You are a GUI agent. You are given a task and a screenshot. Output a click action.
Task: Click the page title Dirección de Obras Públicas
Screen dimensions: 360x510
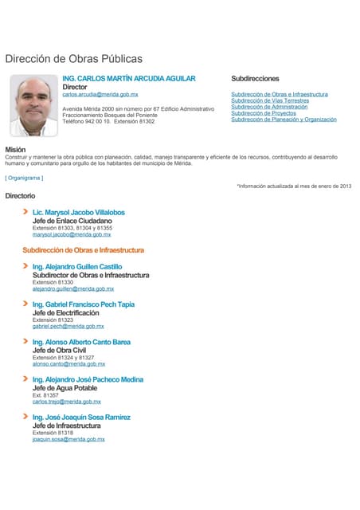[x=73, y=59]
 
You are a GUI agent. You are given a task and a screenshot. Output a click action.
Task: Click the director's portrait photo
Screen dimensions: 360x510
[x=33, y=106]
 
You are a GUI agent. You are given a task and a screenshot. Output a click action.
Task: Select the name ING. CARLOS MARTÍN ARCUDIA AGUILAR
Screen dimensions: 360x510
[x=128, y=79]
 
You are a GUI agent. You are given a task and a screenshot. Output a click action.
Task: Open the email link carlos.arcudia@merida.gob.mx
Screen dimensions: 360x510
[x=100, y=95]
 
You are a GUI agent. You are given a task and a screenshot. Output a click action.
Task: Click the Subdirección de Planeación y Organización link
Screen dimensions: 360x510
[x=284, y=120]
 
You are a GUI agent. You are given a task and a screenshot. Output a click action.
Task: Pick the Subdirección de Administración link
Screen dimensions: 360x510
[x=269, y=107]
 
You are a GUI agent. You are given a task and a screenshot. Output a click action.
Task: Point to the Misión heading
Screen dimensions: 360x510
[x=15, y=150]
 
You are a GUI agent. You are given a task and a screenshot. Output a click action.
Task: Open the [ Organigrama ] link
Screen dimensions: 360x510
[x=25, y=178]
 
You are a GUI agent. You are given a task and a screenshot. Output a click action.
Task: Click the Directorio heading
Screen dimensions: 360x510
[x=20, y=195]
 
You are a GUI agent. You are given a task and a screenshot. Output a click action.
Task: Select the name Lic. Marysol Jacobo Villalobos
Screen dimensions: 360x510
[x=78, y=213]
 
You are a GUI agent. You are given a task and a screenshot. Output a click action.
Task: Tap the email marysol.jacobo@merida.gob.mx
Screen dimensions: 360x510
[x=71, y=235]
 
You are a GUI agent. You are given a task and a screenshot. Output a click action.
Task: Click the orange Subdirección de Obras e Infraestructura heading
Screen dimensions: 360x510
[x=83, y=250]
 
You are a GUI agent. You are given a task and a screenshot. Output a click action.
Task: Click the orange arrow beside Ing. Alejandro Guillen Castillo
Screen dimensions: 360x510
[x=26, y=266]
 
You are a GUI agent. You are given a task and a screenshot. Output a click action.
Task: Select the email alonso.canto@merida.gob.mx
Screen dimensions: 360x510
[x=68, y=364]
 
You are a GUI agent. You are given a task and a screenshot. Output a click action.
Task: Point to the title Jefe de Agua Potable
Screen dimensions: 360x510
[x=64, y=387]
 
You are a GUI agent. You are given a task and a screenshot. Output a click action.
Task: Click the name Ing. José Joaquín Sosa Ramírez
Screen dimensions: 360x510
[x=81, y=417]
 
